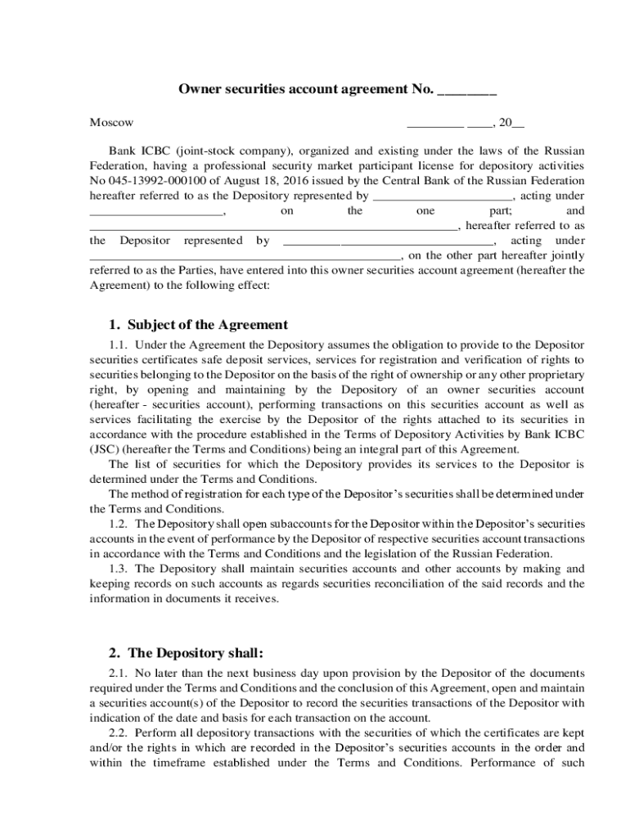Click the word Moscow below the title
111,123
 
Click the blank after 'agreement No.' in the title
467,91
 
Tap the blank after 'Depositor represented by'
388,241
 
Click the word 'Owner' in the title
198,91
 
